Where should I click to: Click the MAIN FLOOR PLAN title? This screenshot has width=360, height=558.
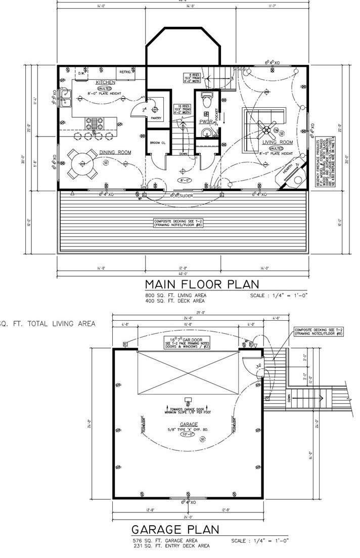[x=201, y=284]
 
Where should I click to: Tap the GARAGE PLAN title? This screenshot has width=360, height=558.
[x=175, y=530]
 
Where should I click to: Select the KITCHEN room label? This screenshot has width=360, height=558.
[x=106, y=82]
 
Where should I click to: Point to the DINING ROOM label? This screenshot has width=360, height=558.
[x=115, y=152]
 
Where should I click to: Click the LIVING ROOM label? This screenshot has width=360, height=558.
[x=279, y=142]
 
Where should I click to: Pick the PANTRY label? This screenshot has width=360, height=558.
[x=156, y=118]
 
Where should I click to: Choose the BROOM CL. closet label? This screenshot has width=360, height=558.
[x=158, y=143]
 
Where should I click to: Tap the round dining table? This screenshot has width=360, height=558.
[x=83, y=163]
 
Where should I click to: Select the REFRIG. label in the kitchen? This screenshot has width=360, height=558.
[x=125, y=72]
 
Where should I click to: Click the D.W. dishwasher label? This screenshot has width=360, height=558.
[x=81, y=73]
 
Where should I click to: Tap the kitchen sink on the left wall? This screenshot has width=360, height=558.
[x=65, y=98]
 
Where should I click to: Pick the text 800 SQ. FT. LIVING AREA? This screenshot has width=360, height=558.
[x=175, y=295]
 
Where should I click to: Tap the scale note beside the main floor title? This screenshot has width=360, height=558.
[x=279, y=295]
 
